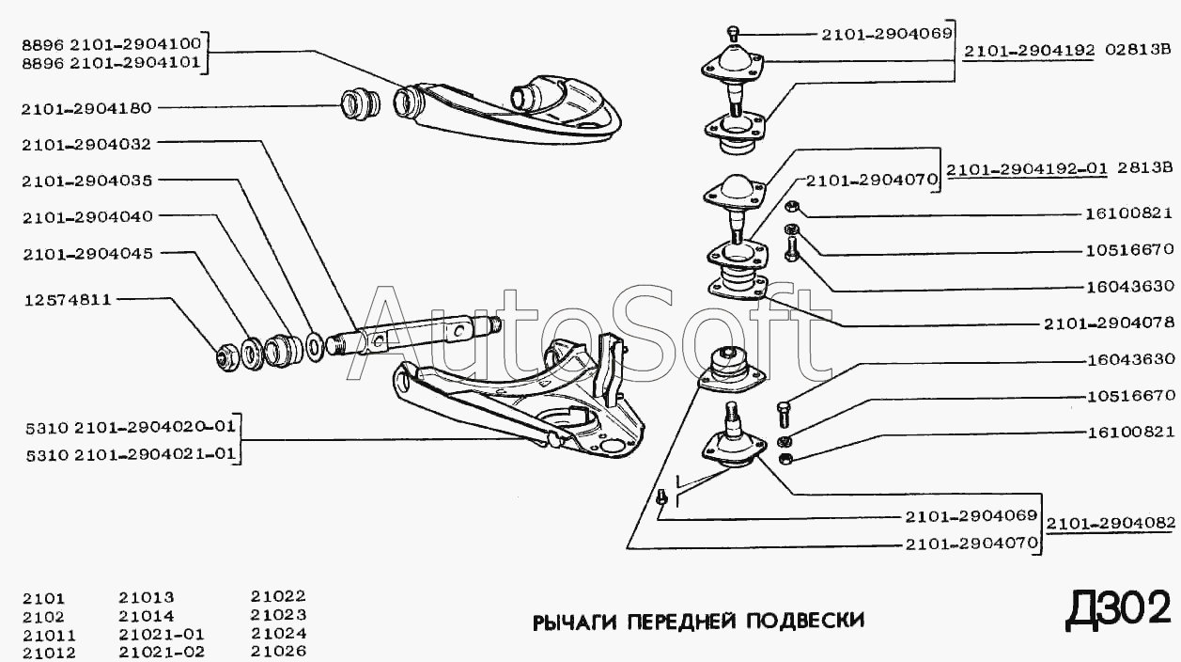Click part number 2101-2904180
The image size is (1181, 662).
click(x=86, y=107)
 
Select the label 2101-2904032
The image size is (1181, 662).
click(x=86, y=144)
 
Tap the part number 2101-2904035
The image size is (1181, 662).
click(x=86, y=180)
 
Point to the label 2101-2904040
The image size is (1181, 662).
click(x=86, y=216)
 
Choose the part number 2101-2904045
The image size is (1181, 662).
click(x=86, y=253)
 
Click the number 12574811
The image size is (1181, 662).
click(x=69, y=300)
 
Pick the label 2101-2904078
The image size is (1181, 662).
click(x=1108, y=323)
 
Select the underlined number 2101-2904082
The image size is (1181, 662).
click(x=1109, y=524)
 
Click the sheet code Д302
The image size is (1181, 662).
click(x=1118, y=609)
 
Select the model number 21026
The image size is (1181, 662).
click(x=278, y=651)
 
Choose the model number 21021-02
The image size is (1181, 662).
click(x=162, y=651)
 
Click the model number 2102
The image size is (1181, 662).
click(x=44, y=616)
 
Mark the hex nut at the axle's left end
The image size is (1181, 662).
click(x=226, y=356)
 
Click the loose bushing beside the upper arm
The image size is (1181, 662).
click(x=359, y=102)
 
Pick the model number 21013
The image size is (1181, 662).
click(x=147, y=597)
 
